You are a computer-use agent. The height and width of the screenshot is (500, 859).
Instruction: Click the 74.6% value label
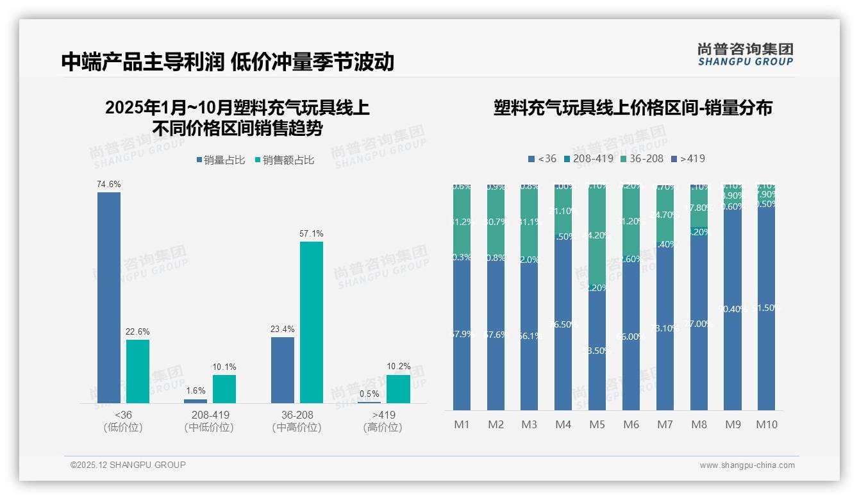109,184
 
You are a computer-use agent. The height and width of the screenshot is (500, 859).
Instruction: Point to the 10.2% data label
398,367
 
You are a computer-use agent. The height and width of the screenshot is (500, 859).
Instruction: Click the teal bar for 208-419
224,388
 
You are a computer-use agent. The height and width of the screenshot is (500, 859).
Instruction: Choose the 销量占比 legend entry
221,160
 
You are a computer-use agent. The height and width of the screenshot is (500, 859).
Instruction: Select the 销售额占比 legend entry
284,160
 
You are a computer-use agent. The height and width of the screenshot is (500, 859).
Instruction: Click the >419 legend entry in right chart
688,158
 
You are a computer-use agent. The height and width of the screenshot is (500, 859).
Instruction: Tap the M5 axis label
597,424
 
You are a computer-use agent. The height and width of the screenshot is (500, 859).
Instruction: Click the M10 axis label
766,424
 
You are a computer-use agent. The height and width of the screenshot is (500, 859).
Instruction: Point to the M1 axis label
462,424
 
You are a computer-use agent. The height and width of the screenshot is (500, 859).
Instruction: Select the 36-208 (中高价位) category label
296,421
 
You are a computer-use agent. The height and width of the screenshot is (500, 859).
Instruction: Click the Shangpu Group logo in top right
745,54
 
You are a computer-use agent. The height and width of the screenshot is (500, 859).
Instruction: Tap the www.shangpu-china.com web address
747,465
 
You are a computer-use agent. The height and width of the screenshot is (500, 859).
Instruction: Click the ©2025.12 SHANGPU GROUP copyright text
128,465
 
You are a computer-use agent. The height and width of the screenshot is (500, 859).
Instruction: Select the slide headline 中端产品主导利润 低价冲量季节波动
228,62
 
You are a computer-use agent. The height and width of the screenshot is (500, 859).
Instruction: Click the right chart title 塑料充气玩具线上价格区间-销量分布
633,108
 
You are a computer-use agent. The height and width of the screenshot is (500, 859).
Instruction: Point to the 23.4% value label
283,329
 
